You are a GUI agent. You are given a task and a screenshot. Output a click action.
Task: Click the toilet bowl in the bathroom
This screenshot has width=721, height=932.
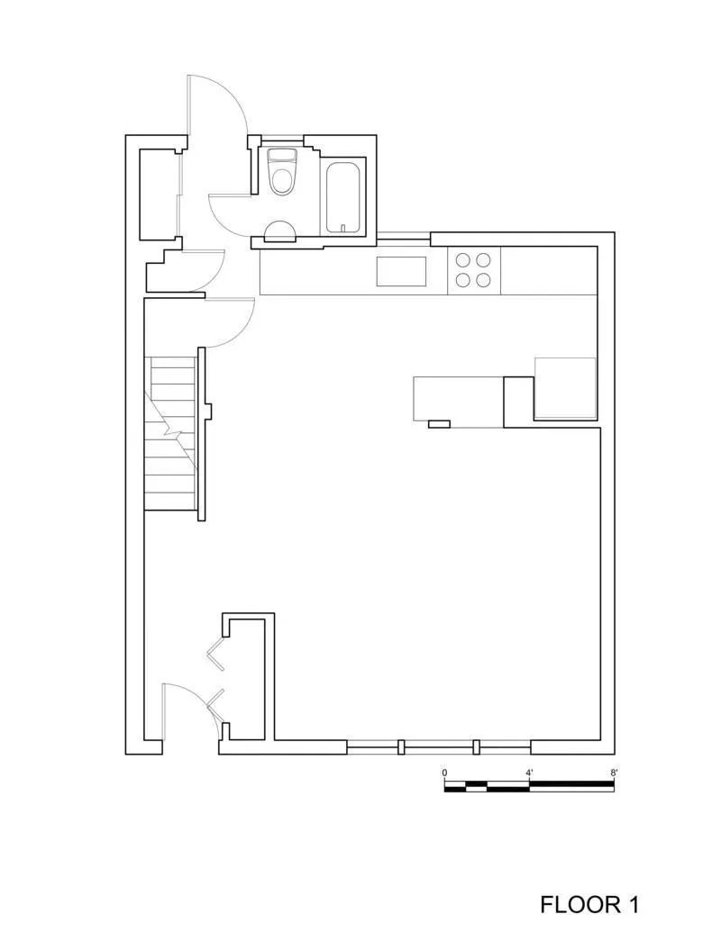pyautogui.click(x=283, y=179)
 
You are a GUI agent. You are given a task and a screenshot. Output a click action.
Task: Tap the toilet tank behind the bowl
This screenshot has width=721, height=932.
pyautogui.click(x=283, y=154)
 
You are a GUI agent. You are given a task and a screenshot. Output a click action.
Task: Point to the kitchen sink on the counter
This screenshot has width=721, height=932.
pyautogui.click(x=401, y=271)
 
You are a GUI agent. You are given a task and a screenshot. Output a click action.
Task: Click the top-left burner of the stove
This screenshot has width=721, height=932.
pyautogui.click(x=463, y=259)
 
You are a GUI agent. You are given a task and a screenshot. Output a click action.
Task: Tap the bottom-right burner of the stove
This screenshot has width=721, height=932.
pyautogui.click(x=485, y=280)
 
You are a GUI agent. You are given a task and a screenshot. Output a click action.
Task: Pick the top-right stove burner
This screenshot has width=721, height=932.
pyautogui.click(x=485, y=259)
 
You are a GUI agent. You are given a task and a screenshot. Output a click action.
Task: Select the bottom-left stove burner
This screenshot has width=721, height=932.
pyautogui.click(x=463, y=280)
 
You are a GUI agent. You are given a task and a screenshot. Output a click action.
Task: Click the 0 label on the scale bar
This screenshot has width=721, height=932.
pyautogui.click(x=444, y=773)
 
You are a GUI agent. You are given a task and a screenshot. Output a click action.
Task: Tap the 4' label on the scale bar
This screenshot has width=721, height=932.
pyautogui.click(x=529, y=773)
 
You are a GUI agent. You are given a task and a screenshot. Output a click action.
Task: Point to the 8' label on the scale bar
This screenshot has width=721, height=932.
pyautogui.click(x=614, y=773)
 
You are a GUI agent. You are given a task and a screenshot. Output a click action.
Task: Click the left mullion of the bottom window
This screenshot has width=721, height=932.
pyautogui.click(x=401, y=747)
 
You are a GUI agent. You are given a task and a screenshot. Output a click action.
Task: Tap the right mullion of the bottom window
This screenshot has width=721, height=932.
pyautogui.click(x=477, y=747)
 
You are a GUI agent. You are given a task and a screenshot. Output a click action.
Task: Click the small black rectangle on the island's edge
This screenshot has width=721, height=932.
pyautogui.click(x=439, y=423)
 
